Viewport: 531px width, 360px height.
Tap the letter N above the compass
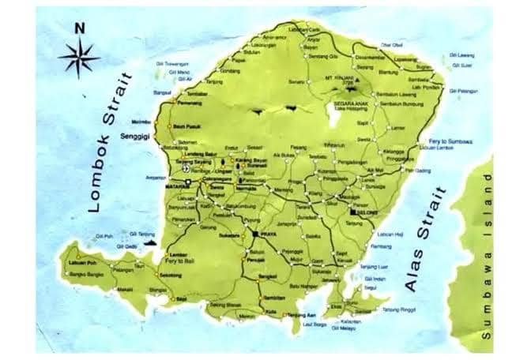coord(79,29)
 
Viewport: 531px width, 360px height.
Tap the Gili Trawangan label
coord(175,62)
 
